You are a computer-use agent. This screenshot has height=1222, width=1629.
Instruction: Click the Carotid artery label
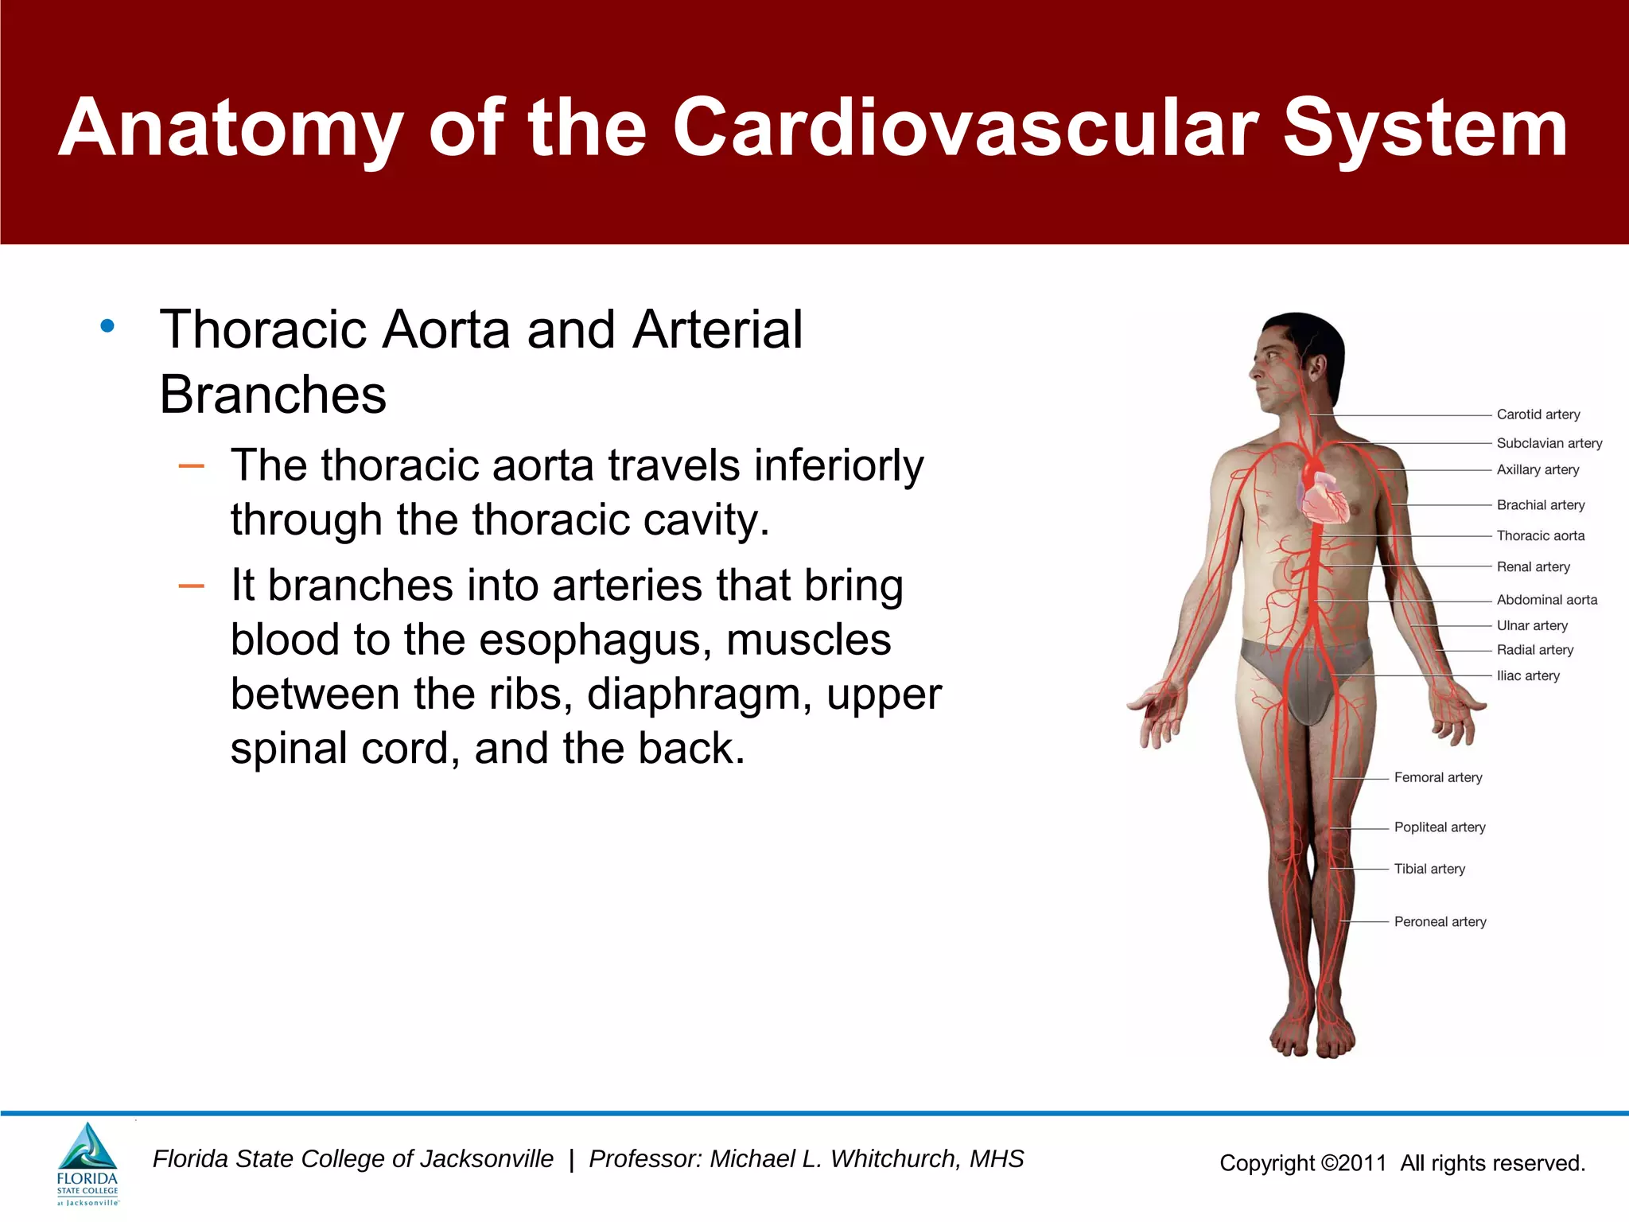(x=1538, y=414)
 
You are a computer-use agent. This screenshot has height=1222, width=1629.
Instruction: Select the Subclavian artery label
(x=1549, y=443)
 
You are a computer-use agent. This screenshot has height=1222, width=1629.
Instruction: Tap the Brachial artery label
(x=1540, y=505)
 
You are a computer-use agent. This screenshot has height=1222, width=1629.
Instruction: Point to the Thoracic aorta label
(x=1540, y=536)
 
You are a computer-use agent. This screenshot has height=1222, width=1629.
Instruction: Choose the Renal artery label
(x=1533, y=567)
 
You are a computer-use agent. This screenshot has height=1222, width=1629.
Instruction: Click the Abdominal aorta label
(x=1546, y=600)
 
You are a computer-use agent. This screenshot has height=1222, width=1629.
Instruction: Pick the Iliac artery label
(x=1527, y=676)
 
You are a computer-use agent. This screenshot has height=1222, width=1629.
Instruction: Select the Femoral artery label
(x=1437, y=778)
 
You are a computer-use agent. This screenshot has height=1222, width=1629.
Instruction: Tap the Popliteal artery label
(x=1439, y=827)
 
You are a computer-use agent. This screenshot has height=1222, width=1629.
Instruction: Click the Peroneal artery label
(x=1440, y=922)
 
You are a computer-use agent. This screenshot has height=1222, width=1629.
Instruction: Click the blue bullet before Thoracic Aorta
(x=107, y=326)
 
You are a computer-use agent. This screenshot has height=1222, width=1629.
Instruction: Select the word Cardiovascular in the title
(x=965, y=129)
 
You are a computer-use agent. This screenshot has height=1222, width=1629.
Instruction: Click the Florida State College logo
(x=87, y=1164)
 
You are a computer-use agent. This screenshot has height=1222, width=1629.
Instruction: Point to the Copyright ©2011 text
(x=1303, y=1163)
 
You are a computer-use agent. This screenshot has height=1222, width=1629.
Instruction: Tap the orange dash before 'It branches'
(x=192, y=587)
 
